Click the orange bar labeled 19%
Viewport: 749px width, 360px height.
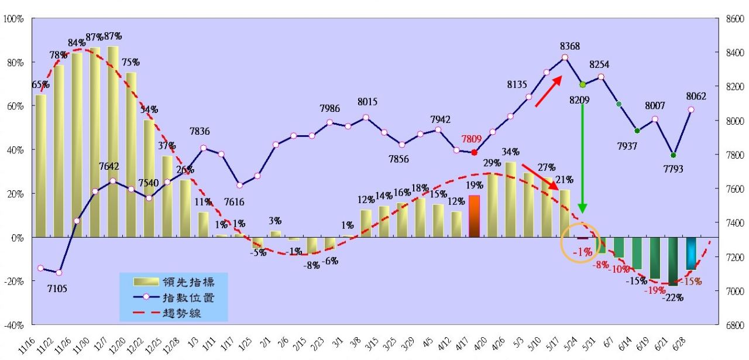click(x=474, y=216)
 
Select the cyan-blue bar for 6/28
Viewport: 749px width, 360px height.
click(x=691, y=253)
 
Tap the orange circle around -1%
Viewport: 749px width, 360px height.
click(x=580, y=242)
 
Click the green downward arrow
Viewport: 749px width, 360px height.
click(x=582, y=158)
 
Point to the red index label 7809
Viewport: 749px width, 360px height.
click(x=474, y=139)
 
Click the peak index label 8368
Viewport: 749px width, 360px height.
click(x=570, y=46)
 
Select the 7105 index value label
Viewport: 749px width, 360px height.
click(x=57, y=287)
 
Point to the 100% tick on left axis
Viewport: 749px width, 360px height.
click(x=13, y=19)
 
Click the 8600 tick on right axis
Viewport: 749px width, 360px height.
click(x=735, y=19)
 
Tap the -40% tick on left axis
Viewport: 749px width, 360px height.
click(x=13, y=325)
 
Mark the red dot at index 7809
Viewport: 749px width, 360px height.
click(x=474, y=152)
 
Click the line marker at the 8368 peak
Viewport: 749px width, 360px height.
click(x=565, y=57)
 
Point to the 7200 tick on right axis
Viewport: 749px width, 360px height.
click(x=735, y=257)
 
